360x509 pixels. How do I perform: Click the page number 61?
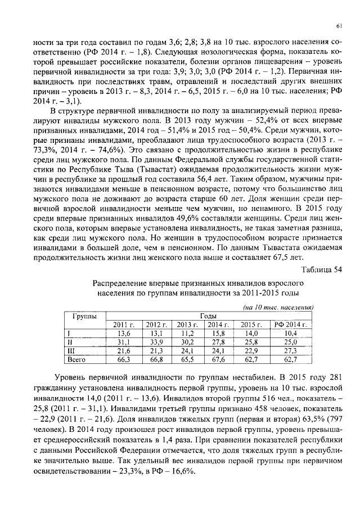coord(339,25)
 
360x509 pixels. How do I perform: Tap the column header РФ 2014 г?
coord(289,325)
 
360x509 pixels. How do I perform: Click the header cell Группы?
coord(84,316)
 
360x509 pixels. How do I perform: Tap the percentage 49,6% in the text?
coord(166,216)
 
